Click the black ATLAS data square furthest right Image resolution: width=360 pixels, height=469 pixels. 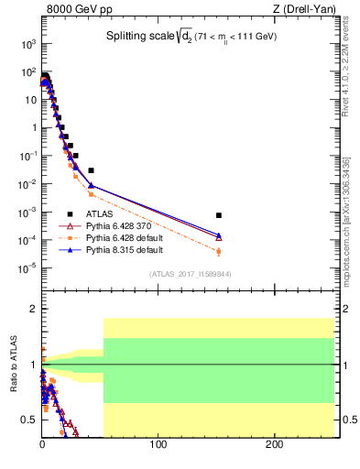point(219,215)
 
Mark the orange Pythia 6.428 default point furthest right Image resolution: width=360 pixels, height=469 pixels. point(219,251)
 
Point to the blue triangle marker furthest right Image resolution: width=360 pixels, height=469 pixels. point(219,234)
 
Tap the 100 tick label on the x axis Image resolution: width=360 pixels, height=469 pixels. point(158,445)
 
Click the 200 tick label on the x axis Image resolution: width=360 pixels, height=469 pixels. point(274,445)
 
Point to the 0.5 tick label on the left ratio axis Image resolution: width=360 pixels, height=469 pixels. point(27,420)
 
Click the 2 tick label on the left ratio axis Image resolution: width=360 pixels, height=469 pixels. point(32,310)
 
